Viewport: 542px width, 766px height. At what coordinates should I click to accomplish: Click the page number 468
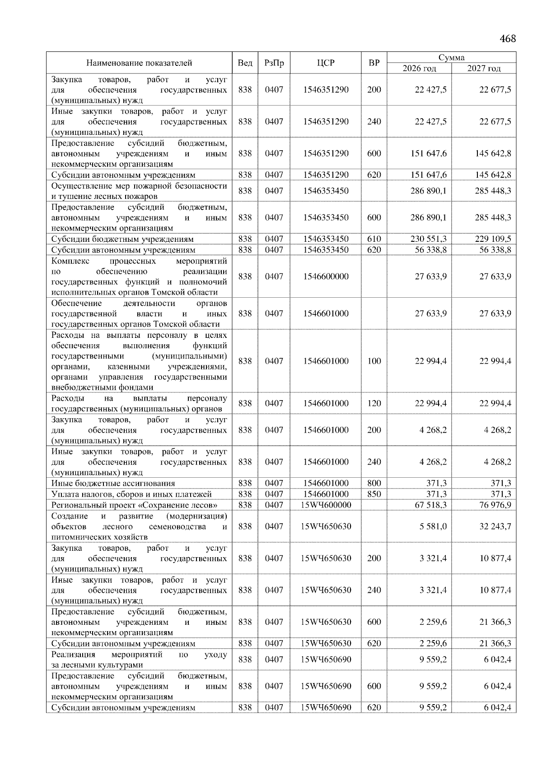(507, 39)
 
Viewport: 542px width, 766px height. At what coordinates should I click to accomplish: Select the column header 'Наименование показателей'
(139, 63)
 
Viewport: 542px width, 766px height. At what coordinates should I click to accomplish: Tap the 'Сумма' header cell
(451, 58)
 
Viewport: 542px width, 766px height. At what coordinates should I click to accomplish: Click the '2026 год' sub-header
(419, 69)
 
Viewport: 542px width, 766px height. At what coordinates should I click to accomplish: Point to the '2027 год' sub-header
(484, 69)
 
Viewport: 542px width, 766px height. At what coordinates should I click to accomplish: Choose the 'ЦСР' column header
(326, 63)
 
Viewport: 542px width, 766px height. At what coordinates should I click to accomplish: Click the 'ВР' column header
(374, 63)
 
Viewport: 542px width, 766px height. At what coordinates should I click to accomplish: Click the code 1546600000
(326, 277)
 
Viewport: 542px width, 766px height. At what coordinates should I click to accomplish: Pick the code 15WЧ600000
(326, 505)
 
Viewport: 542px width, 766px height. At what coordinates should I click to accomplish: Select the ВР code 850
(374, 494)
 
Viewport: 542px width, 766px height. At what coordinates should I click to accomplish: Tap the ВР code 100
(374, 361)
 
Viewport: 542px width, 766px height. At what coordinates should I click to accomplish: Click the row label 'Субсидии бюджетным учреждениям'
(122, 239)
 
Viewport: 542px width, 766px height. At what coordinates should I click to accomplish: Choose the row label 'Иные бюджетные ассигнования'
(113, 483)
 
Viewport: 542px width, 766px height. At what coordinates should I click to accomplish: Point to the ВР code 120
(374, 403)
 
